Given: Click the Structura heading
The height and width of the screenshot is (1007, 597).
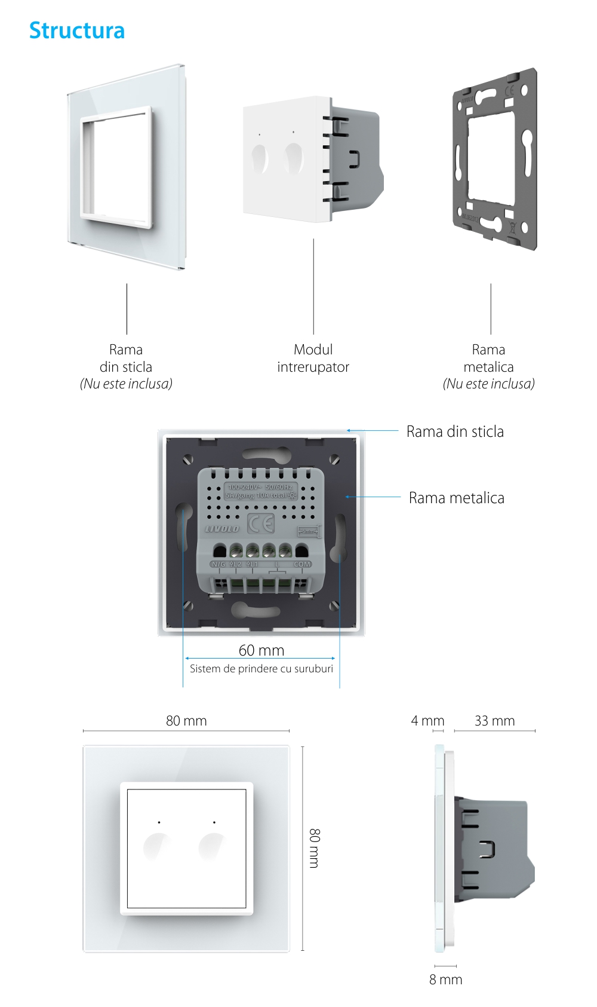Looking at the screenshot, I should point(77,30).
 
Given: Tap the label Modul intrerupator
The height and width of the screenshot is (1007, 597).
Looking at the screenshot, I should point(313,358).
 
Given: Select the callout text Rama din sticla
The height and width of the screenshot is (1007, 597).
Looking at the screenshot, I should point(455,431).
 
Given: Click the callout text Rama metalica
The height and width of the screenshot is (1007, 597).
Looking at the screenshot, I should point(456,498).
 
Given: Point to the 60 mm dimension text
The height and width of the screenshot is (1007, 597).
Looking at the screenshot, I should point(261,650).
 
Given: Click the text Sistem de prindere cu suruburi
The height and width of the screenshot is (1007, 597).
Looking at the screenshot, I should point(261,669).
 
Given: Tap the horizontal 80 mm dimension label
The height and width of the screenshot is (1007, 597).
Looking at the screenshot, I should point(186,721).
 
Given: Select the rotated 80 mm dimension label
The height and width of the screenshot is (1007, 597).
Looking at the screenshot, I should point(315,848).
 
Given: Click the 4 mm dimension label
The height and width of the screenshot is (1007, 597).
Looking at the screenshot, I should point(427,721).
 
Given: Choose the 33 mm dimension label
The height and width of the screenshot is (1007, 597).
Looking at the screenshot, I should point(494,721).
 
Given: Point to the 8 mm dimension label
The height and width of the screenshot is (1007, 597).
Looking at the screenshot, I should point(445,980).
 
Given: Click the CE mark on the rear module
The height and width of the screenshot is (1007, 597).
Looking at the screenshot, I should point(261,524).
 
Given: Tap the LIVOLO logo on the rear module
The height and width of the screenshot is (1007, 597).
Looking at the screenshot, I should point(222,529).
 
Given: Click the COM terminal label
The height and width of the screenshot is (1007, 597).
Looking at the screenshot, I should point(302,564).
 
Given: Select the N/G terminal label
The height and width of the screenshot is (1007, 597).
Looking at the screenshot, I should point(218,564).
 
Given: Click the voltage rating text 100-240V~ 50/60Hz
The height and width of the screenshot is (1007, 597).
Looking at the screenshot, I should point(260,487).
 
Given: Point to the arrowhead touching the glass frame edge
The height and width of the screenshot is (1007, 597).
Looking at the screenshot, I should point(348,430).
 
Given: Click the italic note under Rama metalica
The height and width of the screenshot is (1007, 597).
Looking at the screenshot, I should point(488,384).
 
